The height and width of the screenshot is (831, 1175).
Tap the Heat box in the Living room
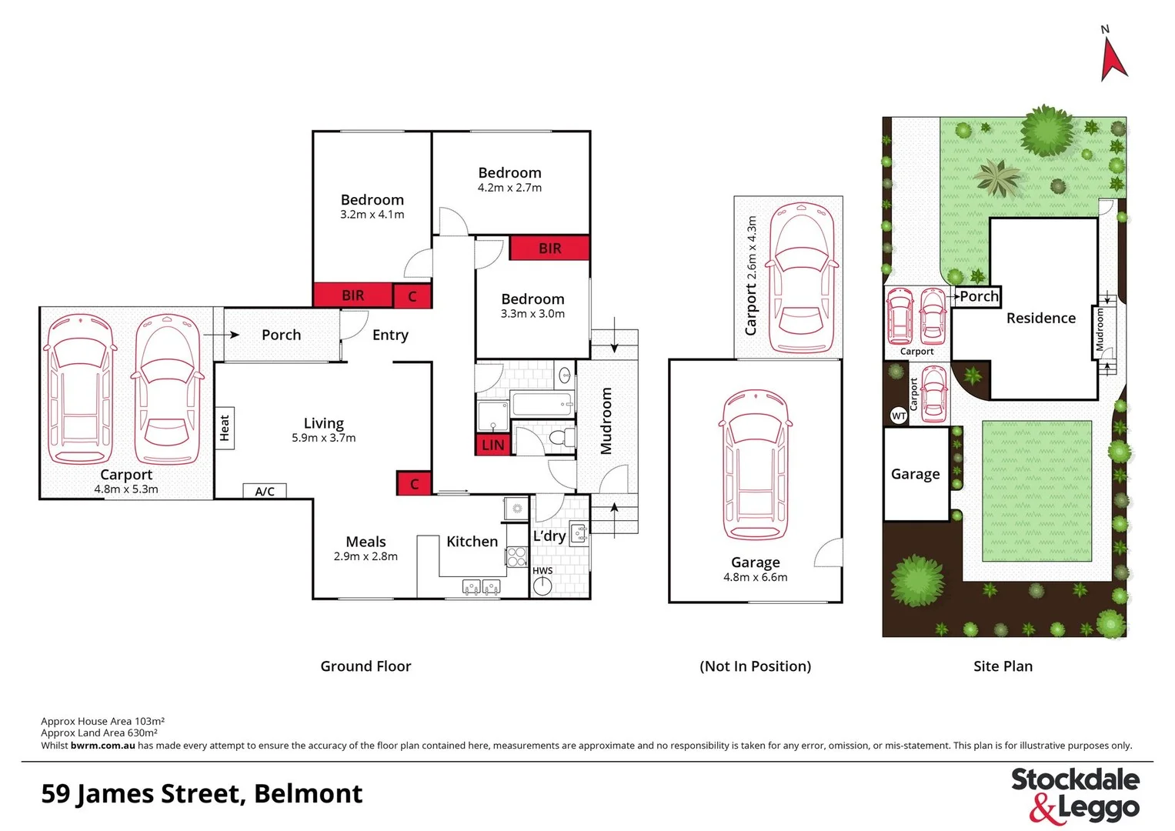point(225,428)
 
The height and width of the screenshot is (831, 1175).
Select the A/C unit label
point(265,491)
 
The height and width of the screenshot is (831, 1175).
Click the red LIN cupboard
point(492,445)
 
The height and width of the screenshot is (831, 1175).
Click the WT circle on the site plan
point(898,415)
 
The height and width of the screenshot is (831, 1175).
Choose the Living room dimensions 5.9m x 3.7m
point(323,438)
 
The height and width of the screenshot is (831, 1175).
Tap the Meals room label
point(366,542)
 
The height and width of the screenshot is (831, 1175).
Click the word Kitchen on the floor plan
point(472,541)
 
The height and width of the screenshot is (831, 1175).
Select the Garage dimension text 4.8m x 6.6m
point(755,577)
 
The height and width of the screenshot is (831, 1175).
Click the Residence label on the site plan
point(1040,318)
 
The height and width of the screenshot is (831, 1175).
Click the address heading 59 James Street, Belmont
point(202,793)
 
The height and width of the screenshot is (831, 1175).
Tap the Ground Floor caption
point(366,666)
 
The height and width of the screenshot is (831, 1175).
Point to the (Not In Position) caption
point(755,666)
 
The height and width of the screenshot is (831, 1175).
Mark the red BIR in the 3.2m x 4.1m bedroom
point(352,295)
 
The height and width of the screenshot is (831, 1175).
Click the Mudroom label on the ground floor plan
point(606,420)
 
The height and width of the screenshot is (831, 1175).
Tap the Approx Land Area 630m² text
point(99,733)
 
